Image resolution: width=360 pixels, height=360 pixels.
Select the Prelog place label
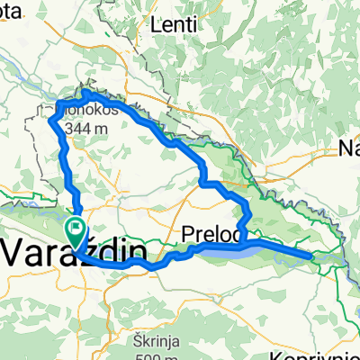point(211,234)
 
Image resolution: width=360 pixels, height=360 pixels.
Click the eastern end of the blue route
point(312,256)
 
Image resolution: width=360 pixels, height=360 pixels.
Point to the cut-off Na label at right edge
point(349,148)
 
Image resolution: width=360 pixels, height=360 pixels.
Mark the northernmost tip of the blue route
point(87,91)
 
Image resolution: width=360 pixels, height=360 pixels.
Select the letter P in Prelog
point(188,234)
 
